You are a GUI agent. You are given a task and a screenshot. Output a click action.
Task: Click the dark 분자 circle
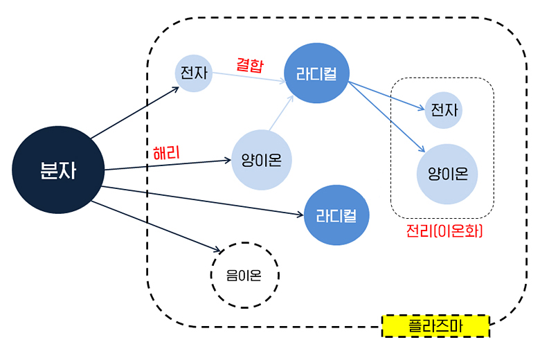coord(58,170)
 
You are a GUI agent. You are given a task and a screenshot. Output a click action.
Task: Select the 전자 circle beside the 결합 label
coord(193,72)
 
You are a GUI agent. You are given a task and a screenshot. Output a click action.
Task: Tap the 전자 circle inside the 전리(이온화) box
coord(443,110)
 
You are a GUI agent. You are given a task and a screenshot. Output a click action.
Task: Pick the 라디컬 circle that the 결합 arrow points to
coord(316,73)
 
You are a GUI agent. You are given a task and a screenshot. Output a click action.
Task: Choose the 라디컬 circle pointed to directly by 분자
coord(336,215)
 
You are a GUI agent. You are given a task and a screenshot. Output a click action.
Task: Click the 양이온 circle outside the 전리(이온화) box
coord(261,160)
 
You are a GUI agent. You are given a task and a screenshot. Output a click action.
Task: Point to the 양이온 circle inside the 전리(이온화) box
coord(447,174)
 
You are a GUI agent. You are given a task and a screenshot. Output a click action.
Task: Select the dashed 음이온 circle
coord(244,275)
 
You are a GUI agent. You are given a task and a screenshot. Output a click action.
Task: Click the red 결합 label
coord(250,64)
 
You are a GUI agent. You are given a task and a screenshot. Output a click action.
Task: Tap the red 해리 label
coord(166,153)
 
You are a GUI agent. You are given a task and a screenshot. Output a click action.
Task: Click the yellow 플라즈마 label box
coord(435,325)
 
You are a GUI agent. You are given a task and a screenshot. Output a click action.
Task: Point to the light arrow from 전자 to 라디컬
coord(249,77)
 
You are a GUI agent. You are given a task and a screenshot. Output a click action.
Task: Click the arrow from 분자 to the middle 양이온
coord(166,165)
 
